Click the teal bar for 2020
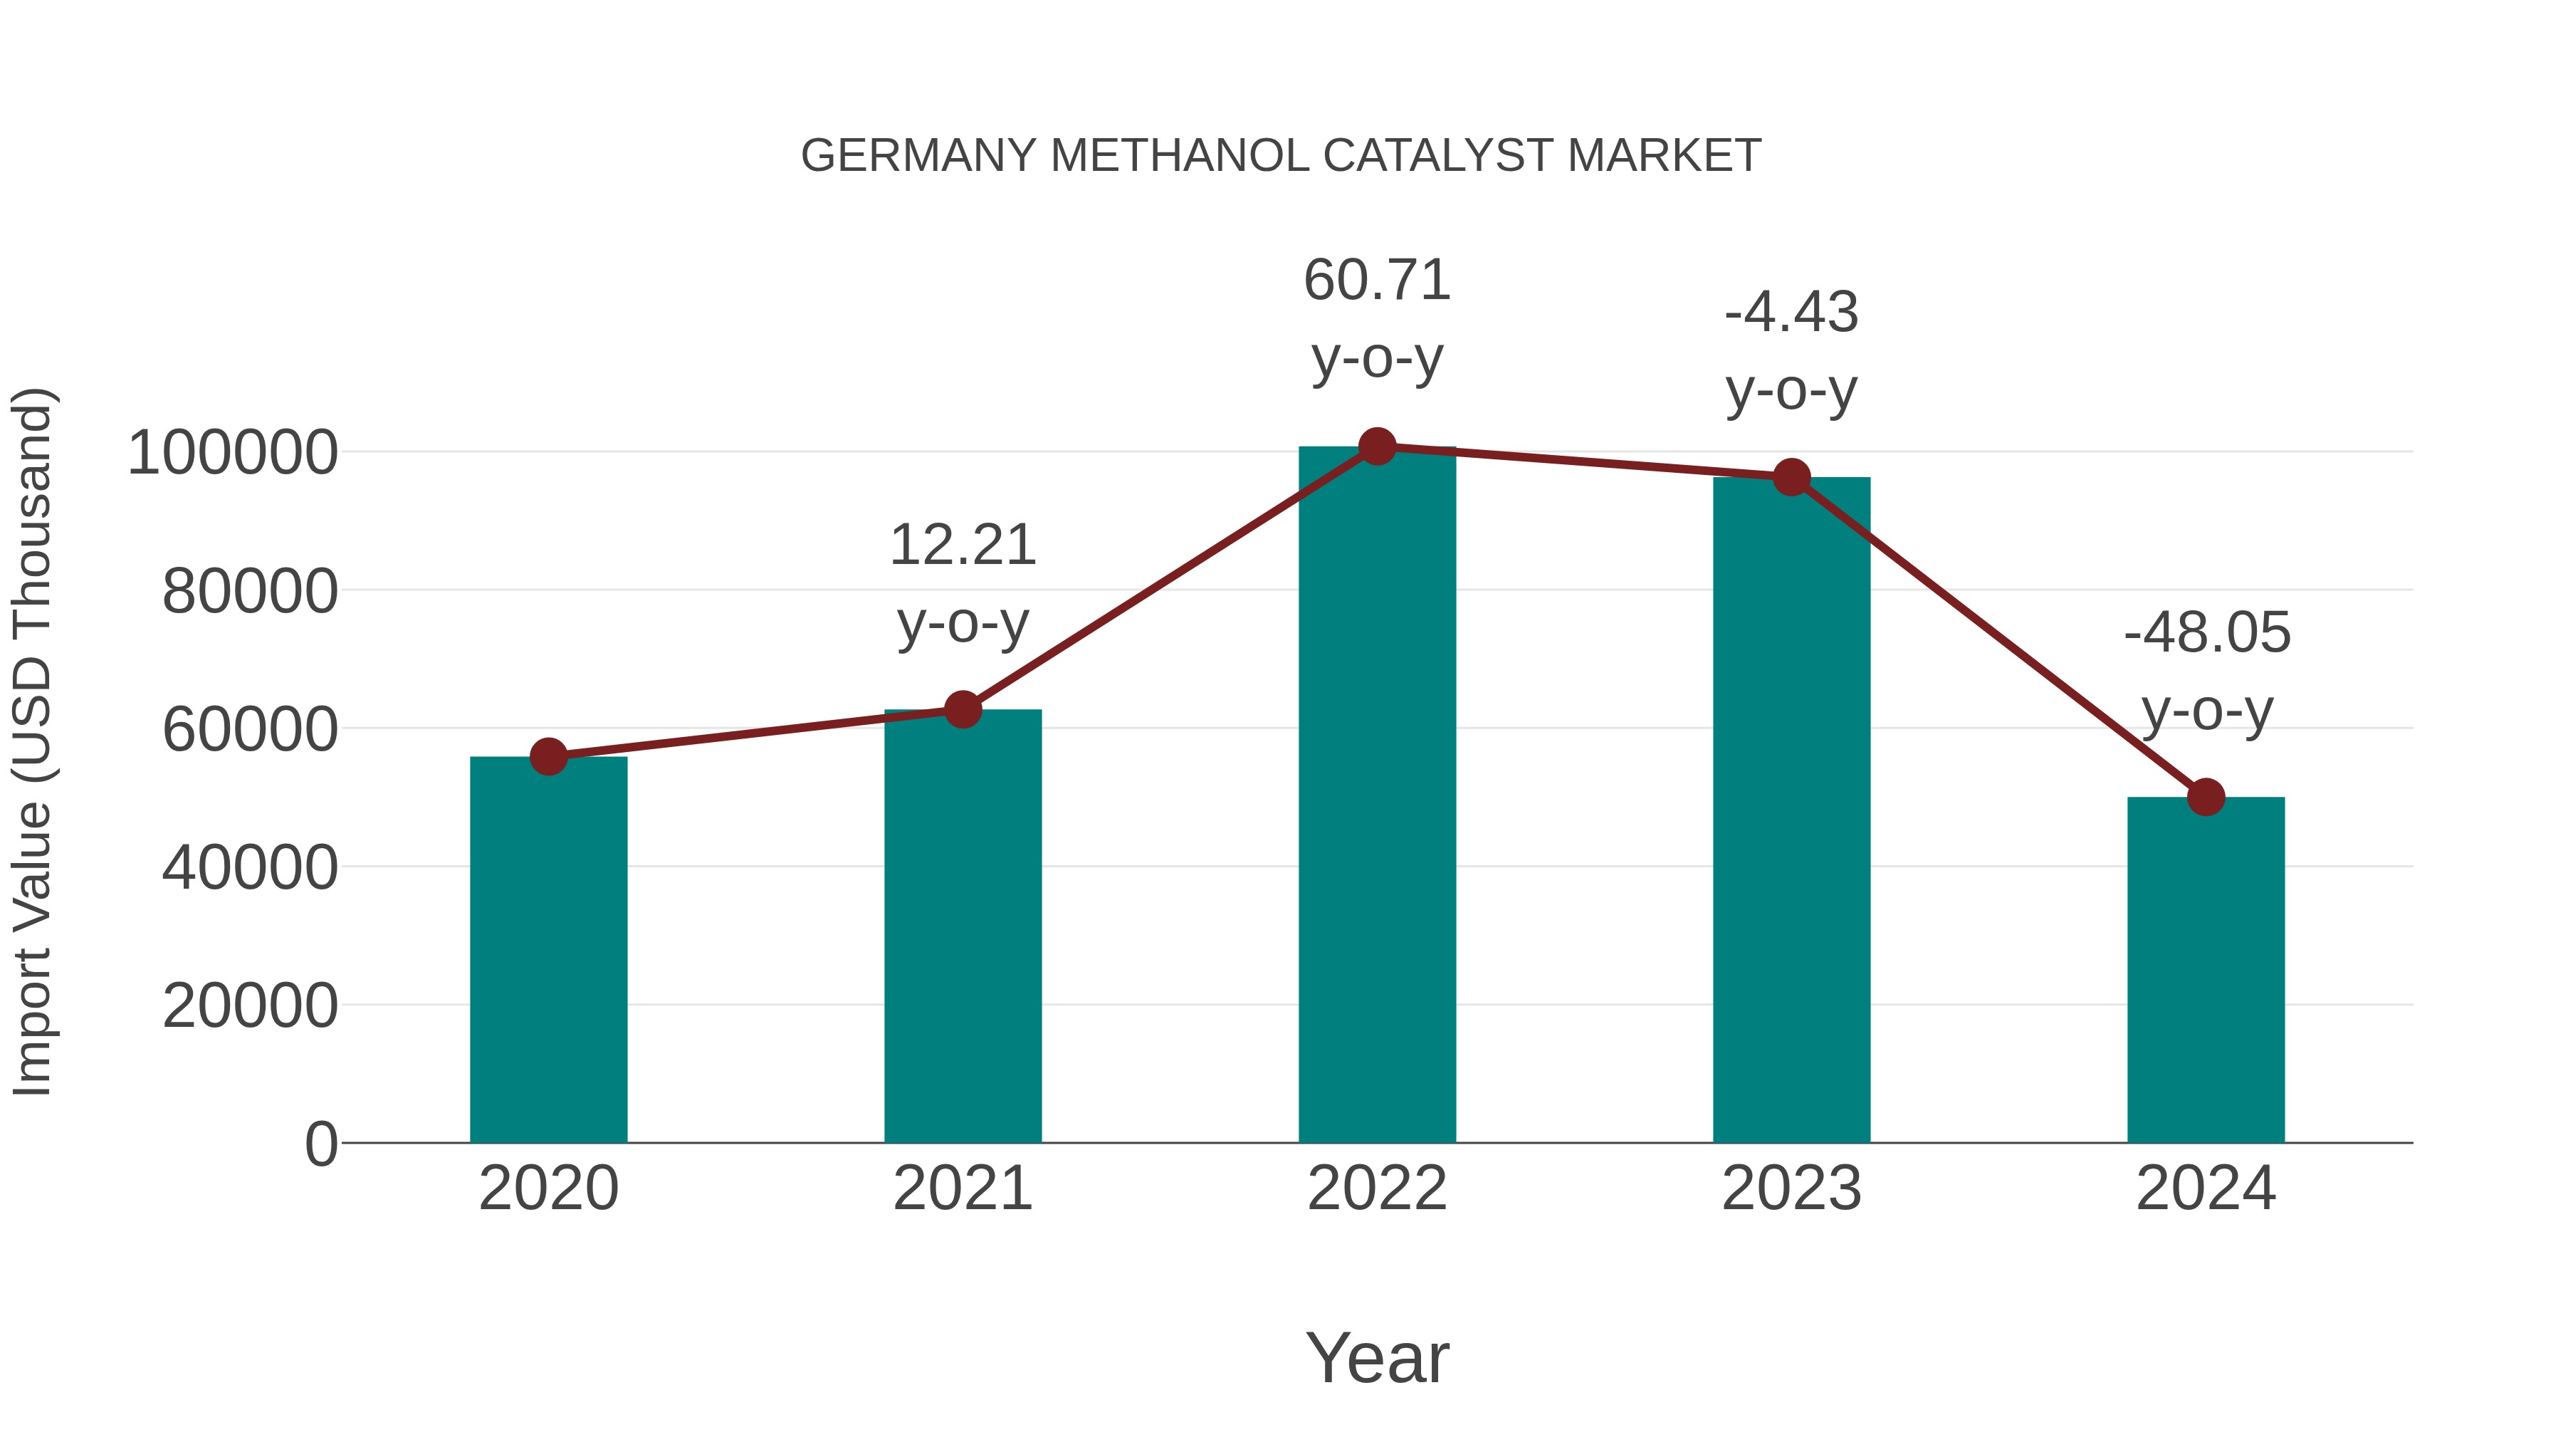coord(548,951)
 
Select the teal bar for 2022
coord(1377,796)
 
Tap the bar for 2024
coord(2206,971)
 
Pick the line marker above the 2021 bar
coord(962,709)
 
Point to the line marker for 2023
coord(1791,478)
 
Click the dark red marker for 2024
coord(2206,797)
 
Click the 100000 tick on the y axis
coord(233,453)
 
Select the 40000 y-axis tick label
coord(250,868)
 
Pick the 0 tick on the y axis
coord(321,1144)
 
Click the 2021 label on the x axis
coord(962,1188)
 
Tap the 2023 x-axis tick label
coord(1791,1188)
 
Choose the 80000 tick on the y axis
coord(250,592)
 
